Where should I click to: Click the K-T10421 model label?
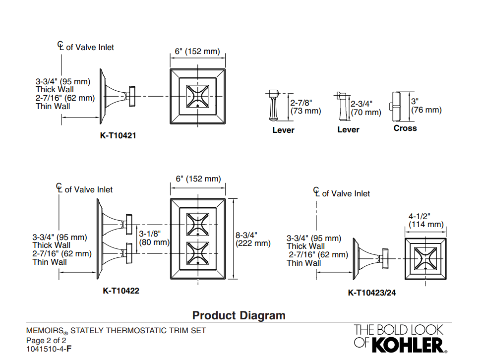(x=118, y=135)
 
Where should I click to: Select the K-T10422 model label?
(x=121, y=291)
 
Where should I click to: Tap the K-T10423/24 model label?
(x=372, y=293)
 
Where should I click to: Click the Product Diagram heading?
(x=239, y=315)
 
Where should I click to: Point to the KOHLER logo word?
(x=408, y=345)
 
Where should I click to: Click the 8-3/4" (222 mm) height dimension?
(x=253, y=239)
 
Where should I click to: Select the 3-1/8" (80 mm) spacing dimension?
(x=154, y=238)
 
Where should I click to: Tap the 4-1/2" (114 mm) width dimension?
(x=426, y=220)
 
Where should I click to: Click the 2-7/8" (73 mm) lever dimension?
(x=305, y=107)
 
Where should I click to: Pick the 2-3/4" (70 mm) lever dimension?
(x=365, y=108)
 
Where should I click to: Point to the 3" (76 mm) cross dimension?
(x=426, y=106)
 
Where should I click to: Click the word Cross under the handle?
(x=405, y=128)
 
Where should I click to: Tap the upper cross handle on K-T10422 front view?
(x=198, y=225)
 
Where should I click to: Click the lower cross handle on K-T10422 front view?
(x=198, y=253)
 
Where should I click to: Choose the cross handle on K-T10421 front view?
(x=198, y=96)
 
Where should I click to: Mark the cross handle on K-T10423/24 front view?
(x=425, y=259)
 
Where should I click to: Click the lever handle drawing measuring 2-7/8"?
(x=273, y=105)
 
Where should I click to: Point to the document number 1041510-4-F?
(x=49, y=349)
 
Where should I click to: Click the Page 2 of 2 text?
(x=46, y=340)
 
